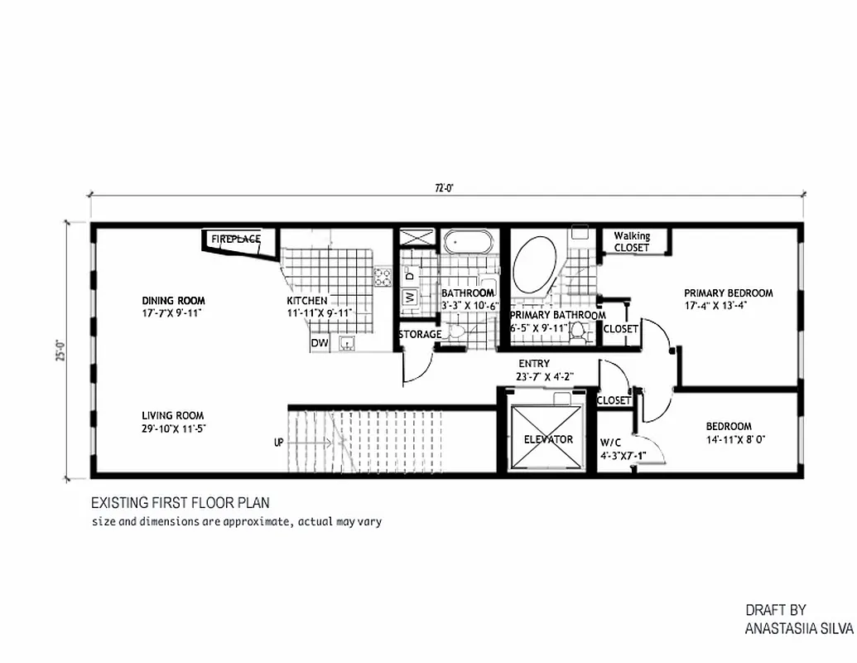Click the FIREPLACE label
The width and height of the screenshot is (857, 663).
236,239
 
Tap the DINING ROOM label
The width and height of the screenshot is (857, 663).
173,301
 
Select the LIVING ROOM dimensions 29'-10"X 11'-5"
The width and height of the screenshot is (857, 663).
172,428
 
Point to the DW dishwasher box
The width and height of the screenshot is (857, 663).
319,343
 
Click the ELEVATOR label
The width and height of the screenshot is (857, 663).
548,439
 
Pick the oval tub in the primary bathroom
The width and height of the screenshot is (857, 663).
536,264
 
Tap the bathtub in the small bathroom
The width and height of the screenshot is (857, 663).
468,242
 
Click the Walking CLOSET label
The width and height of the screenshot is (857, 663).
632,241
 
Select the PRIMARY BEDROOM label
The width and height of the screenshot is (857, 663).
728,293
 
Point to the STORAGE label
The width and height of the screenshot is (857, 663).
420,334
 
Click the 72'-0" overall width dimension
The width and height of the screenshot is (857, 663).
446,187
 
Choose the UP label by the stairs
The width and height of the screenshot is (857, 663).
279,443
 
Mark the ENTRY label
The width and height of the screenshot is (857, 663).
534,364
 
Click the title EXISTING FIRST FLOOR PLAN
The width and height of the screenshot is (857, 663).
180,503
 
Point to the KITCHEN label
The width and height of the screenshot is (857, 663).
307,301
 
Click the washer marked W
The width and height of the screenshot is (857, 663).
408,297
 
